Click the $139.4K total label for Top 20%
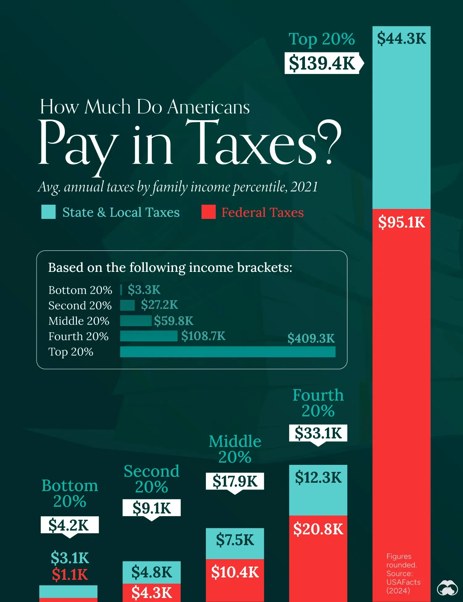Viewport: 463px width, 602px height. pyautogui.click(x=322, y=63)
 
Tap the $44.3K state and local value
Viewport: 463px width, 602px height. pyautogui.click(x=401, y=39)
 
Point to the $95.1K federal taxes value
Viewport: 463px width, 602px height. pyautogui.click(x=401, y=222)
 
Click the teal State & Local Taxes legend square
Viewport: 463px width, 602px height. pyautogui.click(x=48, y=212)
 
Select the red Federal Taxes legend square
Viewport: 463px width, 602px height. pyautogui.click(x=208, y=212)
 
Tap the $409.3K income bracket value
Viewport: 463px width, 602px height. pyautogui.click(x=311, y=338)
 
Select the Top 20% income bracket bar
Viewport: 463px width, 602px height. pyautogui.click(x=227, y=352)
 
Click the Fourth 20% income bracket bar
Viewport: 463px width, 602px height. pyautogui.click(x=148, y=336)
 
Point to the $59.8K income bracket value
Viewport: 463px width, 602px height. pyautogui.click(x=173, y=321)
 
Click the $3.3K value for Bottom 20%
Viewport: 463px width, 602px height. pyautogui.click(x=144, y=290)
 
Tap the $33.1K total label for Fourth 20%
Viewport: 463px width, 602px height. pyautogui.click(x=318, y=433)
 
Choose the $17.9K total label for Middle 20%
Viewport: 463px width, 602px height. pyautogui.click(x=235, y=481)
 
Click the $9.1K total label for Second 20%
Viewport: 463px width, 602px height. pyautogui.click(x=152, y=508)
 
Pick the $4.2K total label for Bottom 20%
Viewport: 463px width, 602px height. pyautogui.click(x=69, y=525)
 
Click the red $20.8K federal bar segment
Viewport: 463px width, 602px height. pyautogui.click(x=318, y=555)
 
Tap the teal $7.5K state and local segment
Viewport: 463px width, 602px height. pyautogui.click(x=235, y=543)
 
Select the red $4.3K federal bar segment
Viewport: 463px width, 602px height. pyautogui.click(x=152, y=592)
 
